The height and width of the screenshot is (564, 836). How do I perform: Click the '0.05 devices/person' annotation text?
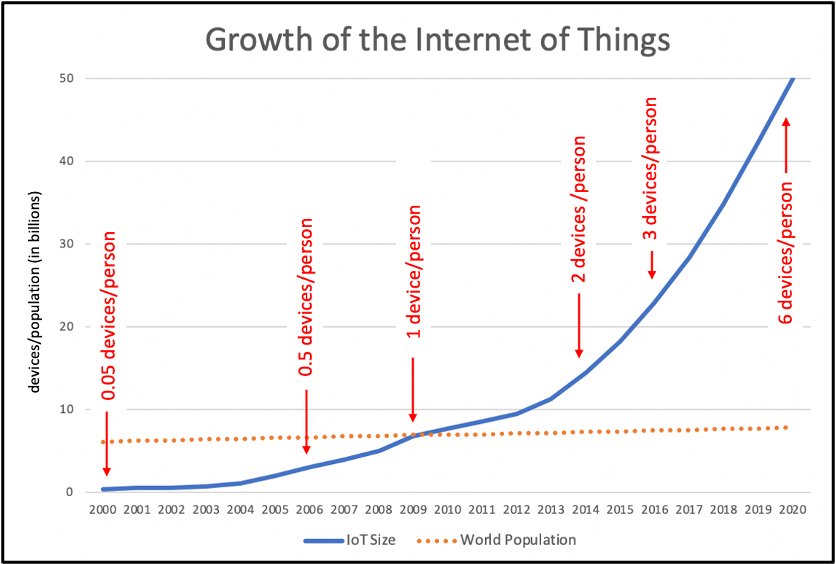109,317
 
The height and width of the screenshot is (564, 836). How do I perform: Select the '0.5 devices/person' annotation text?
307,297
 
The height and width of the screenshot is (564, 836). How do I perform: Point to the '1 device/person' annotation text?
414,272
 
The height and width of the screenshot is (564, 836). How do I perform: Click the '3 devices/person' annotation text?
651,169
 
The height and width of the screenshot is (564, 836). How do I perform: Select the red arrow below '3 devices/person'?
652,264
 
